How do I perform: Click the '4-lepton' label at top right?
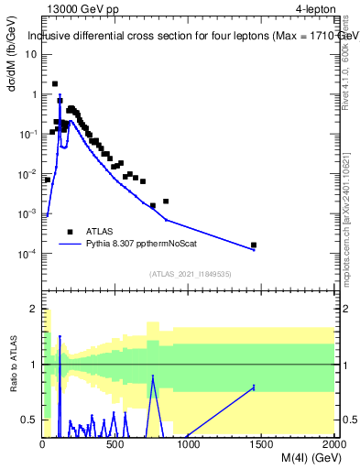[x=312, y=9]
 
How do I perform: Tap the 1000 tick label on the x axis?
[x=189, y=445]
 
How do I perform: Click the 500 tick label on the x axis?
[x=115, y=445]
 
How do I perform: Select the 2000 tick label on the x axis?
[x=334, y=445]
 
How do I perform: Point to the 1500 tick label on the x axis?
[x=262, y=445]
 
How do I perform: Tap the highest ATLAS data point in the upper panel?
[x=55, y=83]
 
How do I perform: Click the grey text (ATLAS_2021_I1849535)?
[x=189, y=273]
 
